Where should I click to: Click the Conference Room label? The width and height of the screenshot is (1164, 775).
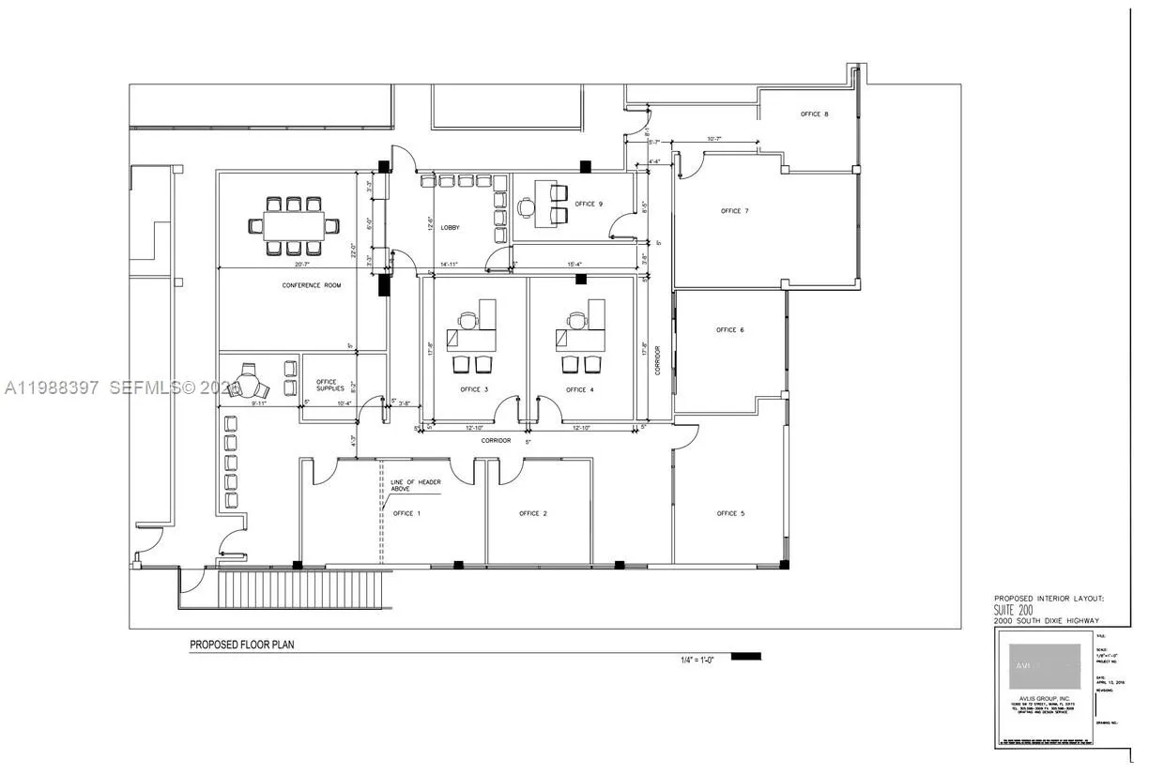312,285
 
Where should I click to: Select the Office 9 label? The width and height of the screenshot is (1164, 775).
589,204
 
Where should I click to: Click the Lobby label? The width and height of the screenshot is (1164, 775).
450,228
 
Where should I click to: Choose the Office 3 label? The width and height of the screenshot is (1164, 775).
474,389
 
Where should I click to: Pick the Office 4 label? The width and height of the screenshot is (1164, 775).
579,389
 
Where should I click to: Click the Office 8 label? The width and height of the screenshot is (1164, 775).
814,114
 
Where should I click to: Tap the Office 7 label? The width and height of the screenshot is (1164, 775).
734,211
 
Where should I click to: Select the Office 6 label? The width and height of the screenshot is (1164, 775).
729,330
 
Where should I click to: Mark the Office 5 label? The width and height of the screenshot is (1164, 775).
730,513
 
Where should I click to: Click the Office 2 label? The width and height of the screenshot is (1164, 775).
533,513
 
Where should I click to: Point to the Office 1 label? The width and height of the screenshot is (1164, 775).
406,513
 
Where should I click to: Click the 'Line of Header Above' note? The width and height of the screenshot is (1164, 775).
415,485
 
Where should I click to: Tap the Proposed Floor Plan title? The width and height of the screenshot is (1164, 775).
242,645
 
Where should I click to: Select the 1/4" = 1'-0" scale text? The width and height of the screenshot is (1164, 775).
699,660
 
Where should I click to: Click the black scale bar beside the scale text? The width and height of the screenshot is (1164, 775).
745,656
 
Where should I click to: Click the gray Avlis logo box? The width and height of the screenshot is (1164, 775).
1044,667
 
